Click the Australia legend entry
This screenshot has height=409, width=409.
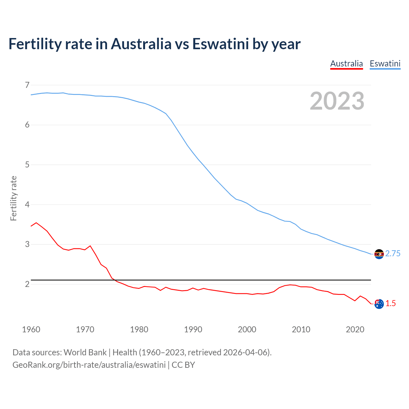click(x=346, y=64)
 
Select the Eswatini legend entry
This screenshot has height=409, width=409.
click(x=385, y=64)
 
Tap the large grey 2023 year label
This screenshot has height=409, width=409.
click(x=337, y=101)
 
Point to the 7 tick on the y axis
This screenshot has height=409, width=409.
click(x=27, y=85)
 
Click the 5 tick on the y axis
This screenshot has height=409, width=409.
click(x=27, y=165)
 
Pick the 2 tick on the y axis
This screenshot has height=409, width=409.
click(x=27, y=284)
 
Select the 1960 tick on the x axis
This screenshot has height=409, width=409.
click(x=31, y=329)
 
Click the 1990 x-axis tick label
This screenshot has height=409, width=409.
click(x=193, y=329)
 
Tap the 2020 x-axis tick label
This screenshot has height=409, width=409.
click(x=355, y=329)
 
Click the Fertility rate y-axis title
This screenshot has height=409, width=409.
click(x=13, y=198)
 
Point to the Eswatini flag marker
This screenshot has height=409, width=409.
click(x=379, y=254)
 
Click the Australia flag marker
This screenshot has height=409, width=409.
click(x=379, y=304)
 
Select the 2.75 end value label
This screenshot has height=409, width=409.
click(x=393, y=254)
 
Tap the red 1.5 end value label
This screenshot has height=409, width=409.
click(x=390, y=304)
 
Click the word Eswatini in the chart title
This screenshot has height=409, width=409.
click(x=220, y=44)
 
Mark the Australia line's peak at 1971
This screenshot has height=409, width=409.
click(x=90, y=246)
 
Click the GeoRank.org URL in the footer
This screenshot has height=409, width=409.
click(x=89, y=365)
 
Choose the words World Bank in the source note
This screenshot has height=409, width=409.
click(x=85, y=352)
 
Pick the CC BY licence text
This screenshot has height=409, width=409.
click(x=183, y=365)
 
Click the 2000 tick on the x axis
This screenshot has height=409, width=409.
click(x=247, y=329)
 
